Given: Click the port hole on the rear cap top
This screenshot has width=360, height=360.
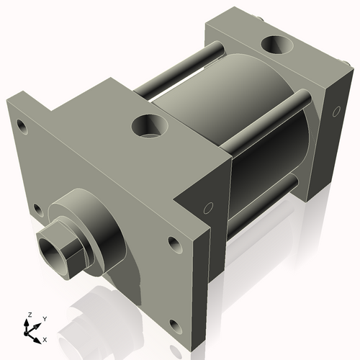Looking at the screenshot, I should pyautogui.click(x=277, y=47).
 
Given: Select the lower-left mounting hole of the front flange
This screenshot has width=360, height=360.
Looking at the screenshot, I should pyautogui.click(x=37, y=210).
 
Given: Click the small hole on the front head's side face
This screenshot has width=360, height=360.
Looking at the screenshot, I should pyautogui.click(x=208, y=209).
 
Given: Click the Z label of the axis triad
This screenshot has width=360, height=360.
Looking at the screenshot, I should pyautogui.click(x=29, y=315).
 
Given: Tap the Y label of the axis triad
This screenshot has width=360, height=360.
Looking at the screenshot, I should pyautogui.click(x=44, y=318).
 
